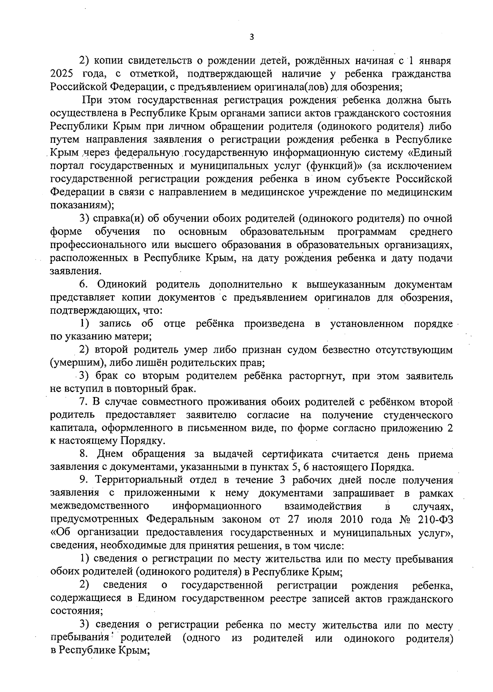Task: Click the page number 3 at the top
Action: (x=252, y=37)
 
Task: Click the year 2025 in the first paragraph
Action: (x=61, y=74)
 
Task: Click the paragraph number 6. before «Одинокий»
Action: (x=83, y=284)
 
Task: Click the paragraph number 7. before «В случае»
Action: (x=83, y=402)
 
